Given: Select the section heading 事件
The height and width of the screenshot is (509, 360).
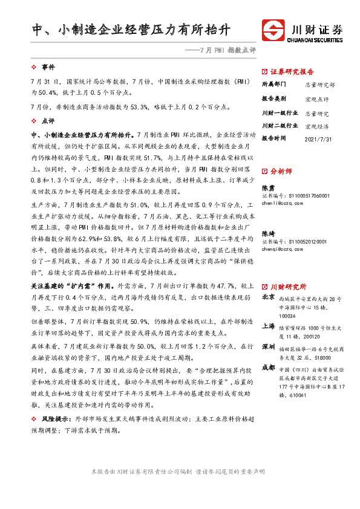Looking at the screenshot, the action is click(48, 66).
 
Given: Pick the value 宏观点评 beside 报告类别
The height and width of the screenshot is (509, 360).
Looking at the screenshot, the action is click(317, 99).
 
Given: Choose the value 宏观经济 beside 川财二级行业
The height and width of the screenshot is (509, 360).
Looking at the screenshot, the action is click(317, 126).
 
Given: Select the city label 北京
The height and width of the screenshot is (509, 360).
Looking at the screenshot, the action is click(268, 298).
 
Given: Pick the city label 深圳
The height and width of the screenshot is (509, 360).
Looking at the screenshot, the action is click(268, 349).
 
